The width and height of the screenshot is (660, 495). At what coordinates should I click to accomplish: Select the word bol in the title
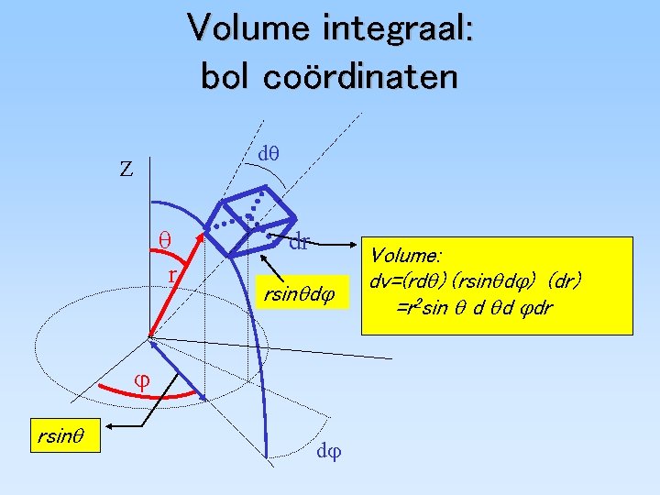click(x=225, y=76)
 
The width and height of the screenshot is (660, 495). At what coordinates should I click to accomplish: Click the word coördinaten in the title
click(x=359, y=76)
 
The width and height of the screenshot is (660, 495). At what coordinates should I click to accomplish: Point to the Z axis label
click(x=126, y=169)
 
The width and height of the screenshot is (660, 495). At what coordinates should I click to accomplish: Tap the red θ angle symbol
click(x=166, y=238)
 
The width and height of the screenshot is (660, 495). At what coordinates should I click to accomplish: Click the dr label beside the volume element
click(x=299, y=243)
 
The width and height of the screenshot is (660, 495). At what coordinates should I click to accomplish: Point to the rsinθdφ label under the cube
click(x=301, y=294)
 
